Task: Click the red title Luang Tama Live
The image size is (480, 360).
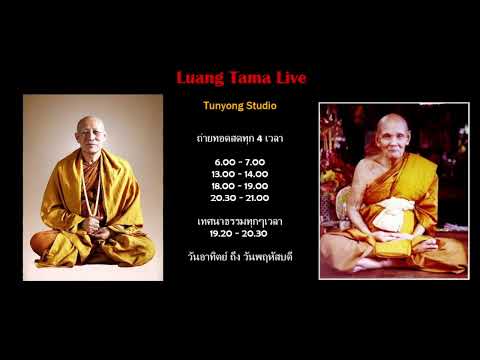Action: coord(240,78)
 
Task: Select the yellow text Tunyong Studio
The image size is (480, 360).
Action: coord(240,104)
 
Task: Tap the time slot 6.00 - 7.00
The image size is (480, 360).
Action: coord(240,161)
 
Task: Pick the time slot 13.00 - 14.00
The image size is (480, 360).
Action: coord(240,173)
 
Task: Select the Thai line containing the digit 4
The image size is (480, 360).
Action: coord(240,138)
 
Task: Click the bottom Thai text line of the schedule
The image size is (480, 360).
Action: coord(240,255)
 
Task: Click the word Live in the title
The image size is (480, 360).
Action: coord(288,78)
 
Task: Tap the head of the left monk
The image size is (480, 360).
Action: coord(90,130)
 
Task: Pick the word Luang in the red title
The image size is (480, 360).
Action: coord(197,78)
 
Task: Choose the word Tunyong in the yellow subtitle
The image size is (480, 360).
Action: coord(222,104)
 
